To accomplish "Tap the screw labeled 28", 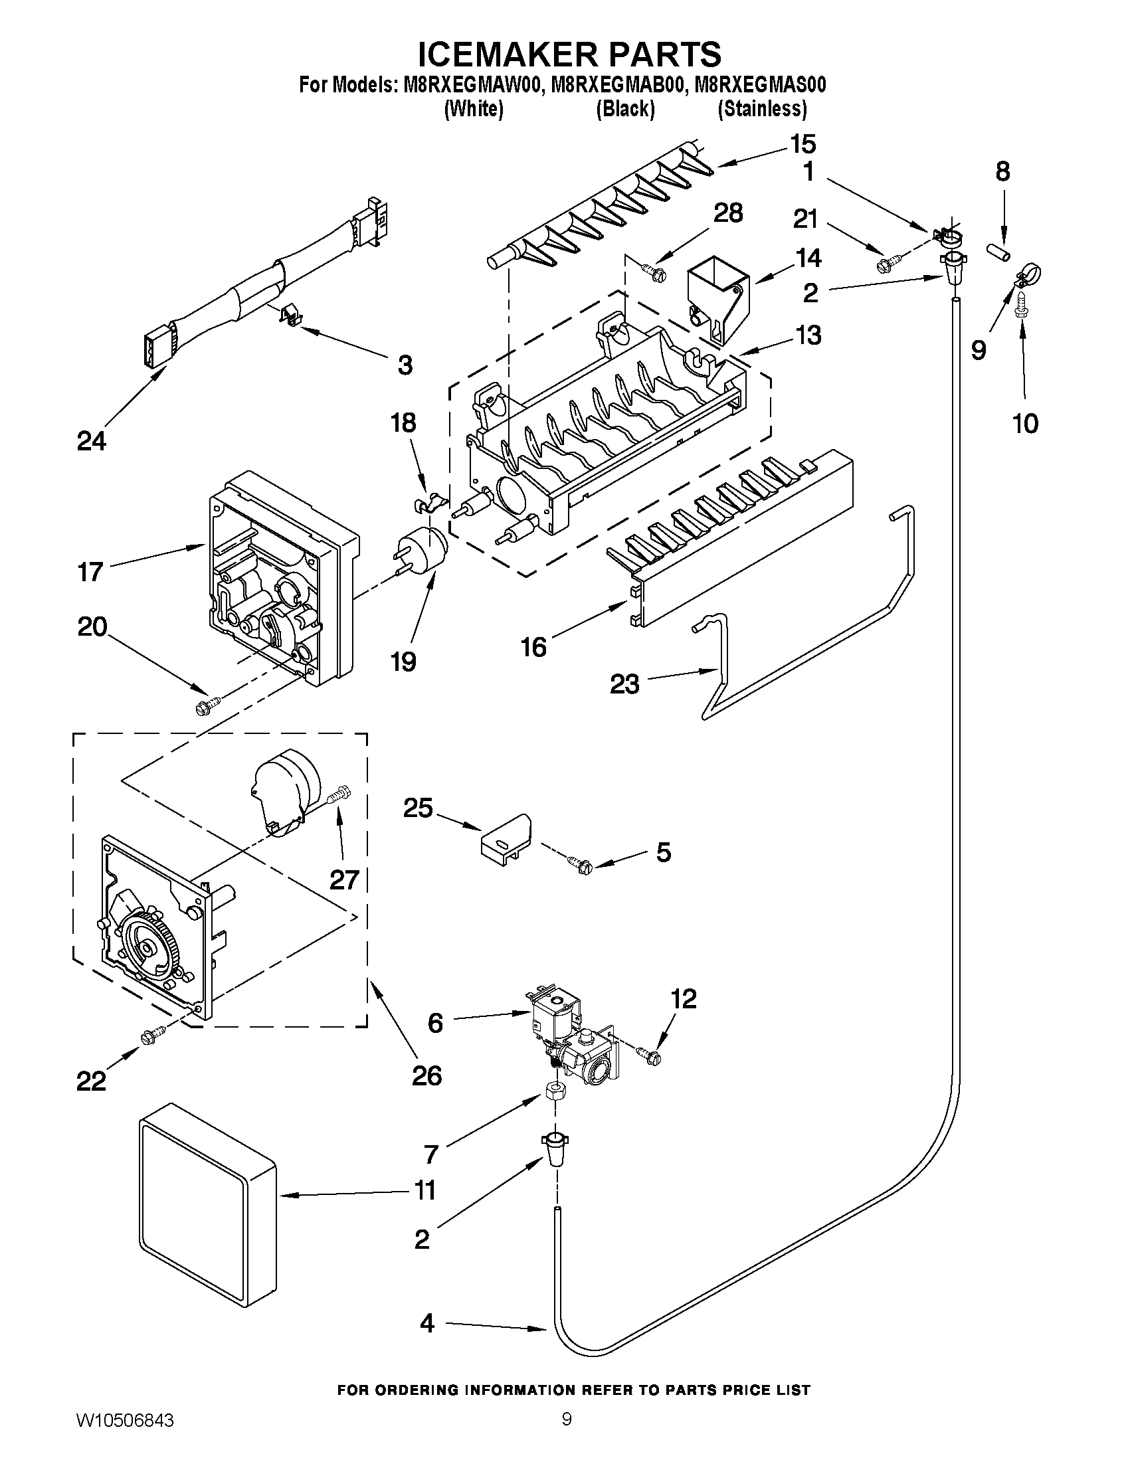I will point(654,271).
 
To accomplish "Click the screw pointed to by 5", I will point(579,865).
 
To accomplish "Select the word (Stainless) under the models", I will point(762,108).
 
